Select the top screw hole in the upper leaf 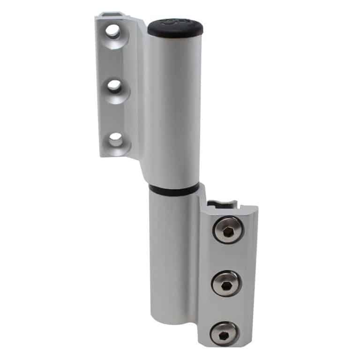point(112,31)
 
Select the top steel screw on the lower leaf point(228,231)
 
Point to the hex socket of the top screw point(228,231)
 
